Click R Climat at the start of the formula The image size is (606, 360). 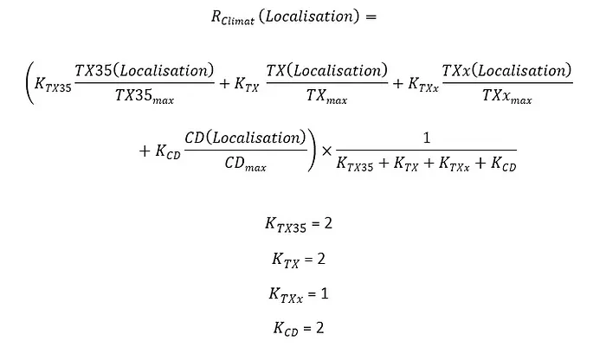tap(233, 18)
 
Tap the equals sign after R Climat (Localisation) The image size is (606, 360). tap(371, 17)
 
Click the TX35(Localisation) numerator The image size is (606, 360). tap(145, 71)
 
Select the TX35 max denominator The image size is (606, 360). tap(145, 96)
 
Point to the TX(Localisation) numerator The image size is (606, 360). tap(326, 71)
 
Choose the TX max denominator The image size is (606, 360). tap(327, 96)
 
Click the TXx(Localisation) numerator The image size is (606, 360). tap(506, 71)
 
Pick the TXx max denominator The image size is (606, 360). tap(507, 96)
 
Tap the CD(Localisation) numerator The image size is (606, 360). tap(245, 138)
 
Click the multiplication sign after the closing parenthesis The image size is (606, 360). tap(326, 151)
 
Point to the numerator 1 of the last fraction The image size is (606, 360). tap(427, 138)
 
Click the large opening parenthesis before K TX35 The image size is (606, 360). tap(29, 83)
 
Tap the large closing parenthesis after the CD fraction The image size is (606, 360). tap(312, 151)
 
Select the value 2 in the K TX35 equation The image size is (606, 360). tap(328, 223)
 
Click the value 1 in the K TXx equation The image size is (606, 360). tap(325, 293)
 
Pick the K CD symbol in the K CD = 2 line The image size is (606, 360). tap(286, 329)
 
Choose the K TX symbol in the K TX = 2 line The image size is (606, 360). tap(286, 260)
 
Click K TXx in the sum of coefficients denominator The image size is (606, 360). tap(455, 164)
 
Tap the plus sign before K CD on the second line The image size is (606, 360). tap(145, 151)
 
